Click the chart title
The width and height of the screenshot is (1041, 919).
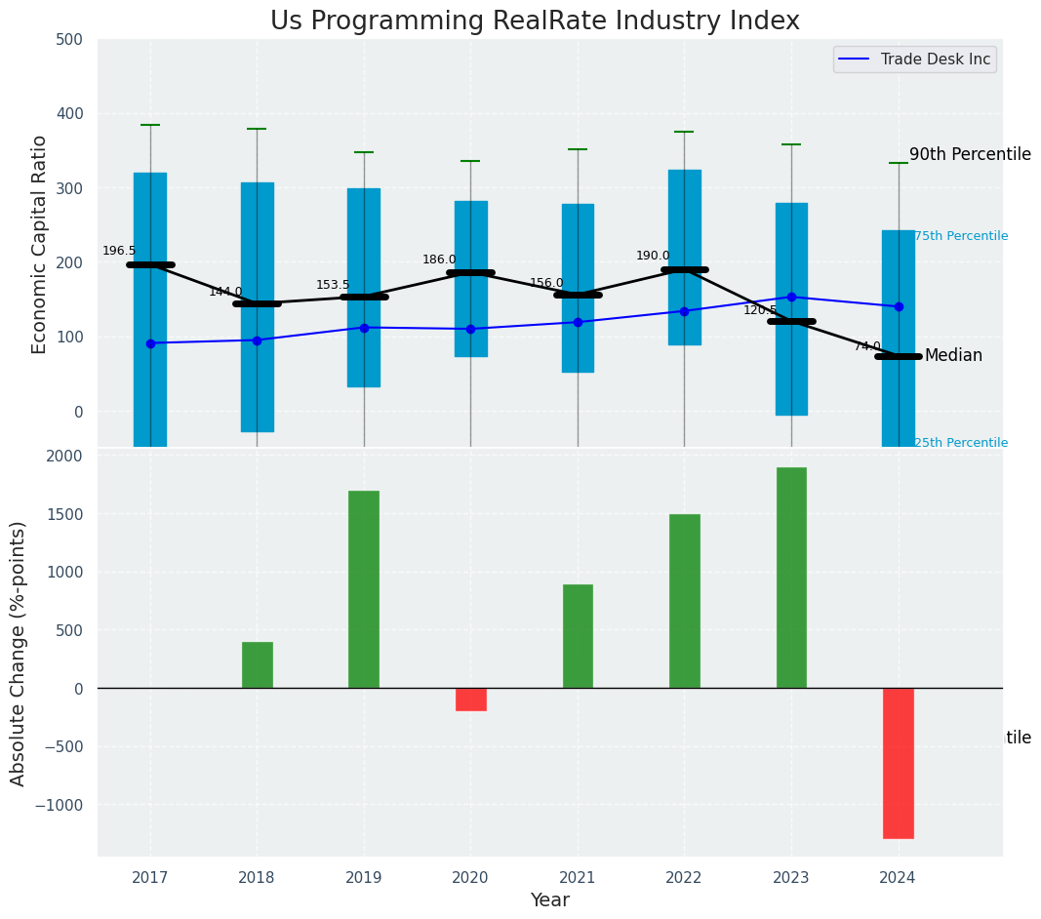click(x=535, y=21)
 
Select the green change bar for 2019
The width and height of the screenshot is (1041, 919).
click(x=364, y=589)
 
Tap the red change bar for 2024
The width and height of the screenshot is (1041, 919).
click(x=898, y=763)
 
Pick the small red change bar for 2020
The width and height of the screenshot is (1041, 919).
click(x=470, y=699)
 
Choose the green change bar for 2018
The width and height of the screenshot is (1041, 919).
click(x=258, y=664)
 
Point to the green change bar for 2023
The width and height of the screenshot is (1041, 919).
click(x=791, y=578)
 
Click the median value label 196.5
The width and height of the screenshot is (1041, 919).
click(x=119, y=251)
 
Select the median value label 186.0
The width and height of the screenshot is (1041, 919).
click(x=439, y=260)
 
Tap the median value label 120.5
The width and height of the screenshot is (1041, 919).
click(x=760, y=310)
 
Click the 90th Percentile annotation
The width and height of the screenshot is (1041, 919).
click(x=970, y=154)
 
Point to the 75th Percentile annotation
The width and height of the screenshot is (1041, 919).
click(x=961, y=236)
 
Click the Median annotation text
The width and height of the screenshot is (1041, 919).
click(x=953, y=356)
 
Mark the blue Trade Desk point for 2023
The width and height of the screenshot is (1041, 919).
click(x=791, y=297)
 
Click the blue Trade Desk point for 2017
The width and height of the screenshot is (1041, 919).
click(x=150, y=343)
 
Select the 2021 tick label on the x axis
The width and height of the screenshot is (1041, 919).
click(x=578, y=878)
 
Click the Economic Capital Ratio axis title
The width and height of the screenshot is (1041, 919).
click(x=40, y=244)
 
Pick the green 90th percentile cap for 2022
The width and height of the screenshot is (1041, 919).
click(x=684, y=132)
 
